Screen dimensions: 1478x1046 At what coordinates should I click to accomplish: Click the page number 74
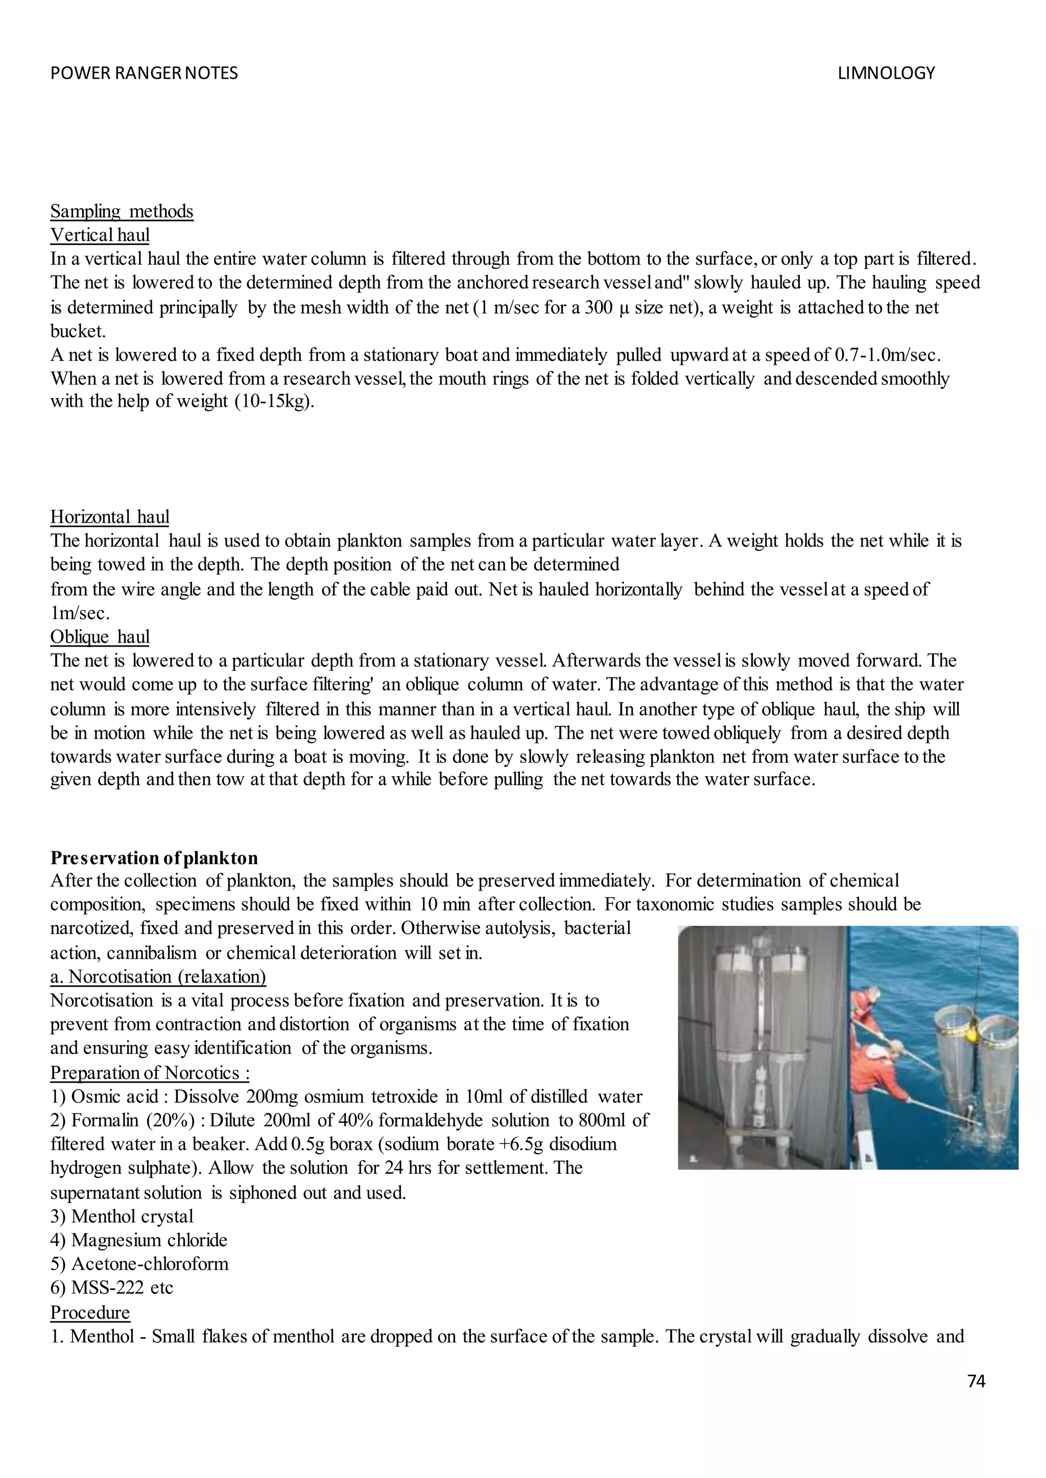[x=976, y=1382]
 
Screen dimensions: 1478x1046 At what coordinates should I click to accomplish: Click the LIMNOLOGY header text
[x=886, y=73]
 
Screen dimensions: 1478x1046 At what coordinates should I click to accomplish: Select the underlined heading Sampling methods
[x=122, y=211]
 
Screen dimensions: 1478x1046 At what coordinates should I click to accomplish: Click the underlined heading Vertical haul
[x=100, y=235]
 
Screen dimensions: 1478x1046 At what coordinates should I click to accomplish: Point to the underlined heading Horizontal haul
[x=109, y=517]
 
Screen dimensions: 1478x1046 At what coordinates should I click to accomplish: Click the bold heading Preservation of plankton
[x=154, y=858]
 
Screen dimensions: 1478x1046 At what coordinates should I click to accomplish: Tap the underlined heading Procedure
[x=90, y=1312]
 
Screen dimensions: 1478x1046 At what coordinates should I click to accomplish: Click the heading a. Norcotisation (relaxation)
[x=158, y=976]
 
